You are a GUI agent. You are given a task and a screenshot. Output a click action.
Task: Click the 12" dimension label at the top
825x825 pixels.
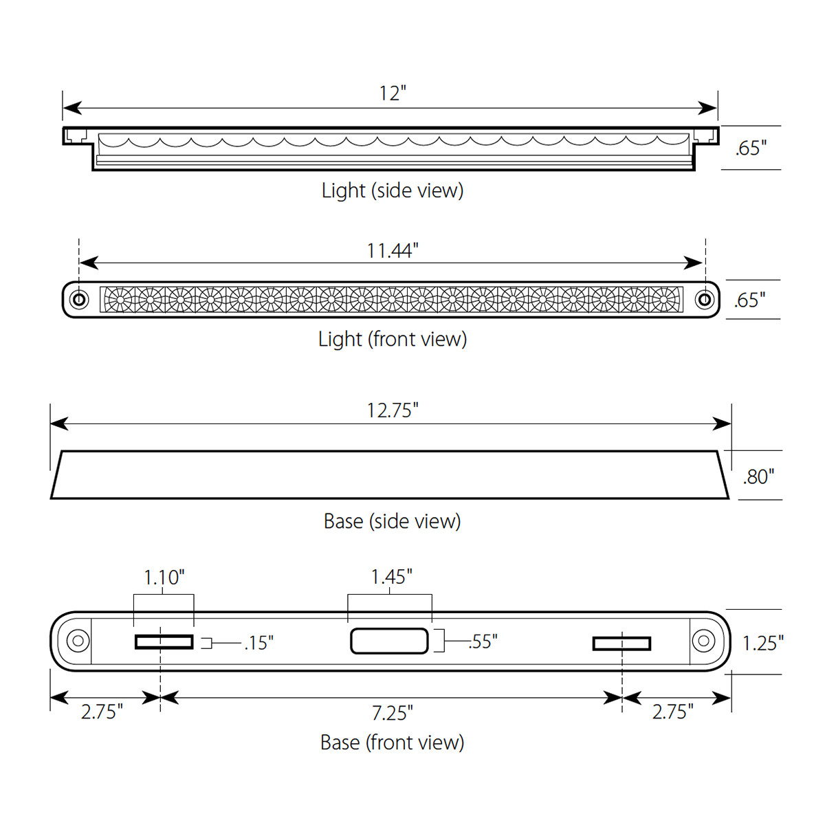393,93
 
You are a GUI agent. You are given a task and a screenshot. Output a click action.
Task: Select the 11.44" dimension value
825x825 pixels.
392,251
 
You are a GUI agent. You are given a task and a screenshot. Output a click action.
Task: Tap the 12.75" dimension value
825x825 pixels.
392,410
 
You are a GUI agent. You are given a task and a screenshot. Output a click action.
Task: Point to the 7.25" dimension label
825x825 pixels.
392,713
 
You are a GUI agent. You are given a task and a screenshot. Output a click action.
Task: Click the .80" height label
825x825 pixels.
758,476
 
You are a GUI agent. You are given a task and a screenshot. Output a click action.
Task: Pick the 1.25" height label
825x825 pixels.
762,643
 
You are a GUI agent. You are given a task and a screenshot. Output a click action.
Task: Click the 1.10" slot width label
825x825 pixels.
164,577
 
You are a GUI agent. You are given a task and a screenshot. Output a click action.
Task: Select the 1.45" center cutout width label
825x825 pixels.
391,577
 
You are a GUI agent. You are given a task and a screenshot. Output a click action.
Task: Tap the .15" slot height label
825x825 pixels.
258,643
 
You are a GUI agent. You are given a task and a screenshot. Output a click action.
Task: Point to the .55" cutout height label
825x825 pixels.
483,641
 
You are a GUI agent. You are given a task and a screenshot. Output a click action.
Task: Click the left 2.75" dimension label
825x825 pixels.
102,712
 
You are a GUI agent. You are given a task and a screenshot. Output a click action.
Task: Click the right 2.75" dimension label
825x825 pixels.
672,712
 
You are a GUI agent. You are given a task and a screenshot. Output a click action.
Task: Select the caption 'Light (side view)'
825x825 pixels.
392,190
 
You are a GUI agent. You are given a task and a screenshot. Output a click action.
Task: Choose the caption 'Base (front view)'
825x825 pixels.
392,742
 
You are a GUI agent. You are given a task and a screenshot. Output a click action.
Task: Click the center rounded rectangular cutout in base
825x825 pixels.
390,641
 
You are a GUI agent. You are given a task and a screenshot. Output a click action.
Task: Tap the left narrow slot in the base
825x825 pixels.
164,642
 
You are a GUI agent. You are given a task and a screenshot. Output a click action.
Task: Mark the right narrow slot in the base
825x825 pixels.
621,643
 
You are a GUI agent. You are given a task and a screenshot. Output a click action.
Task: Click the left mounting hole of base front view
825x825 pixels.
78,641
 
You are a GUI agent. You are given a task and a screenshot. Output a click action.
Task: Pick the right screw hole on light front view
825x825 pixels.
704,300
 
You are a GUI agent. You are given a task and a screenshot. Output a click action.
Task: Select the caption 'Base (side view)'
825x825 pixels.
392,521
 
